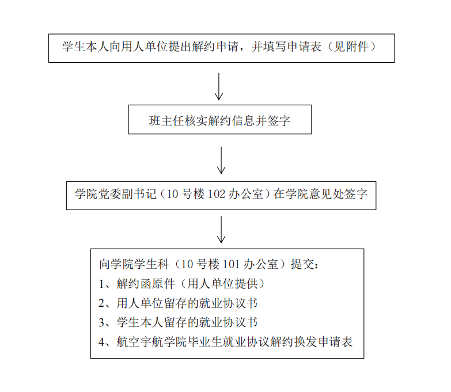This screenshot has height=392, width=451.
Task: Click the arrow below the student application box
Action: [x=219, y=86]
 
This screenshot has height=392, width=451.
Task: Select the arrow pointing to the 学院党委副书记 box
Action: [x=221, y=161]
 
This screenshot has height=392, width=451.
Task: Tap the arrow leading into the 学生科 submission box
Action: [x=221, y=230]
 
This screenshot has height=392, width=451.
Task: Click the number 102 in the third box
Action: [x=216, y=194]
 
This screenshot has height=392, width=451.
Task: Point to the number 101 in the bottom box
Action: [x=231, y=264]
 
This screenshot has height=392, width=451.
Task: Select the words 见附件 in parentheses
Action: [x=351, y=47]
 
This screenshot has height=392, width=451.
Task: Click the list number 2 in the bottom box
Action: [x=102, y=303]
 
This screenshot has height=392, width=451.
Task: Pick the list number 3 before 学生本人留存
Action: [x=102, y=322]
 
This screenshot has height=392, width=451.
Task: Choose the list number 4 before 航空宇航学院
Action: [x=102, y=342]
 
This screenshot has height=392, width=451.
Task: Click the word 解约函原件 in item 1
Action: [x=146, y=284]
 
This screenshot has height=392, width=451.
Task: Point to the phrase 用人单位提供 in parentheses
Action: [x=222, y=284]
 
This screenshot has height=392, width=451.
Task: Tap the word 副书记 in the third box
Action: [x=139, y=194]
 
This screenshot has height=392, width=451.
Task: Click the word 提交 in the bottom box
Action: [x=302, y=264]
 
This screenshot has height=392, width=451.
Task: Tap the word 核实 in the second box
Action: [x=196, y=121]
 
